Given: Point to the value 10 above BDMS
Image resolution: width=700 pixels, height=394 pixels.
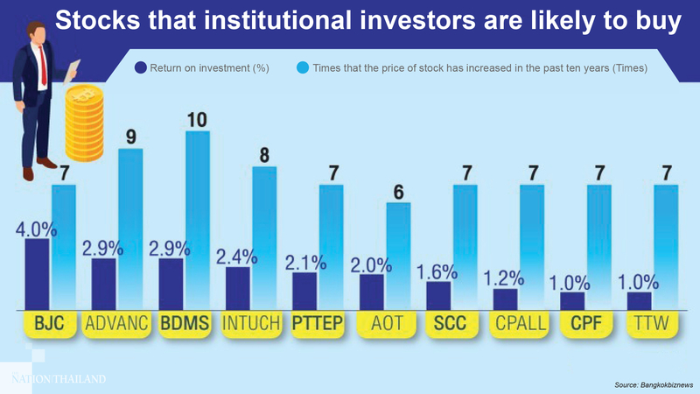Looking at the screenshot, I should [198, 118].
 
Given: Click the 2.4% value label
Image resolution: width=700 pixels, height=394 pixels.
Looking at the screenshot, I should [237, 257].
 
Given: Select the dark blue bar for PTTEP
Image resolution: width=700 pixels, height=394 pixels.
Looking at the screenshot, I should [304, 292].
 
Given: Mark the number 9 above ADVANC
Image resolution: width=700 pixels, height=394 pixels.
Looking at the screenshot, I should [130, 137].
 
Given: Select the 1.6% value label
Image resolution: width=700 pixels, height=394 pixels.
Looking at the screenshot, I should [438, 271].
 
